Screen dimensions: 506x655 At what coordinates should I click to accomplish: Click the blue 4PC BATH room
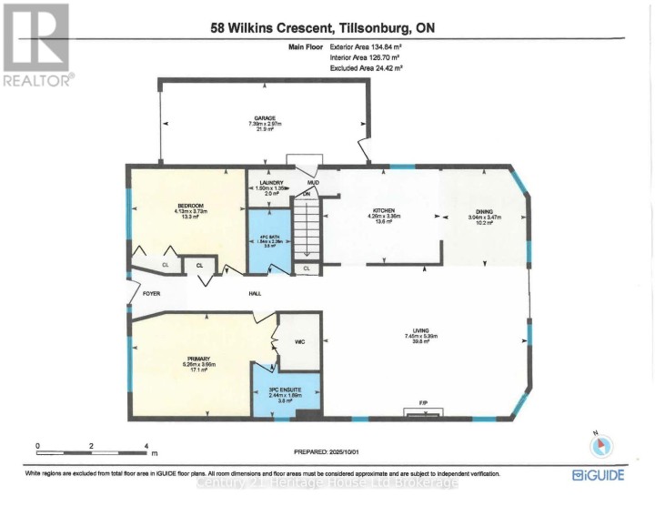268,241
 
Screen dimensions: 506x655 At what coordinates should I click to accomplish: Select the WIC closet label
298,342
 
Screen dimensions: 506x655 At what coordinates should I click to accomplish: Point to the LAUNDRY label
266,183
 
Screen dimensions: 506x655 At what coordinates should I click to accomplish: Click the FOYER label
140,293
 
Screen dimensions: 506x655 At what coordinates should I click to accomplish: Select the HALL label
256,293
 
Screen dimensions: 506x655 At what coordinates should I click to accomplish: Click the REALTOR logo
37,44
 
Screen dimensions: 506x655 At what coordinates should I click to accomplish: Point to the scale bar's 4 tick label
146,446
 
